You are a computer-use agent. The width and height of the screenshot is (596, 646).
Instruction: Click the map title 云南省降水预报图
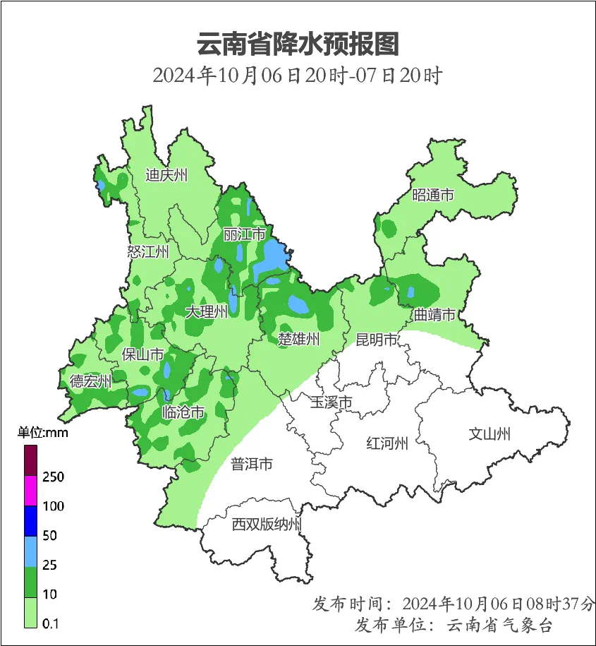pyautogui.click(x=298, y=44)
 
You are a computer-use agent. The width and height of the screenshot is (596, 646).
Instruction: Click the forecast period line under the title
pyautogui.click(x=297, y=75)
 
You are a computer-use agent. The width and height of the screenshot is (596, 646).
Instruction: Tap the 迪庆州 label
pyautogui.click(x=166, y=175)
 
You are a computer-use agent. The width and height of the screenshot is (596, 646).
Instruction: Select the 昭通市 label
pyautogui.click(x=432, y=196)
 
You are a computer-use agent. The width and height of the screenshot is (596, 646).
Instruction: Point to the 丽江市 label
pyautogui.click(x=244, y=234)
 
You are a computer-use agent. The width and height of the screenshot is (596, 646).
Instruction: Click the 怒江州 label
pyautogui.click(x=148, y=251)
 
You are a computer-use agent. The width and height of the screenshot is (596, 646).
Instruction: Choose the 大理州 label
pyautogui.click(x=206, y=311)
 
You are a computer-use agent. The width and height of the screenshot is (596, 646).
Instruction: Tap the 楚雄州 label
pyautogui.click(x=298, y=340)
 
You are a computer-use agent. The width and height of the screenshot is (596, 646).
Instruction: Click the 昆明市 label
pyautogui.click(x=377, y=340)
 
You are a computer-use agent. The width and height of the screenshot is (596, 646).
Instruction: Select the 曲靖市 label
pyautogui.click(x=434, y=315)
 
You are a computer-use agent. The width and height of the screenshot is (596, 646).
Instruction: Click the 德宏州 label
pyautogui.click(x=90, y=382)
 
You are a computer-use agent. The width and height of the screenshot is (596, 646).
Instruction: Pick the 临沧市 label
pyautogui.click(x=183, y=412)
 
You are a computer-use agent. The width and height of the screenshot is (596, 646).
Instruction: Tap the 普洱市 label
pyautogui.click(x=252, y=464)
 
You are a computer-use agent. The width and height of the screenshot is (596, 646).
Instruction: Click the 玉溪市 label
pyautogui.click(x=331, y=402)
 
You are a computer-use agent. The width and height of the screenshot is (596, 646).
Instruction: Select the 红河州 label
pyautogui.click(x=387, y=443)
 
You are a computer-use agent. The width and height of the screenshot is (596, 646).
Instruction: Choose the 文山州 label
pyautogui.click(x=489, y=434)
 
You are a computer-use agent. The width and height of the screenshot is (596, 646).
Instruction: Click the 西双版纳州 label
pyautogui.click(x=267, y=525)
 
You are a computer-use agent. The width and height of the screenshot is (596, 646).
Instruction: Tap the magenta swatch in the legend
pyautogui.click(x=30, y=491)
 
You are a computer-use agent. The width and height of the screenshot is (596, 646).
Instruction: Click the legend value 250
pyautogui.click(x=53, y=477)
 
